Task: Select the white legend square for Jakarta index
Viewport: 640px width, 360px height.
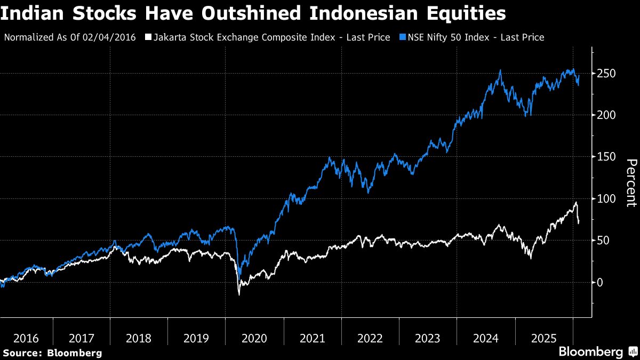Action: (x=149, y=37)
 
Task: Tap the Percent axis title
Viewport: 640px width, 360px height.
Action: (x=631, y=182)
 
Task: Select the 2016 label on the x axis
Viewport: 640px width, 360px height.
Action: (x=26, y=338)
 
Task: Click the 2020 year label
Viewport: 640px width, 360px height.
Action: (x=254, y=338)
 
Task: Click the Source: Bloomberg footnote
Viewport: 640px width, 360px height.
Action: (x=52, y=353)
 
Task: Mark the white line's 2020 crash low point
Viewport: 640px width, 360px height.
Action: (x=239, y=294)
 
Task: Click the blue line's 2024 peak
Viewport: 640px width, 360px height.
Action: (x=500, y=70)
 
